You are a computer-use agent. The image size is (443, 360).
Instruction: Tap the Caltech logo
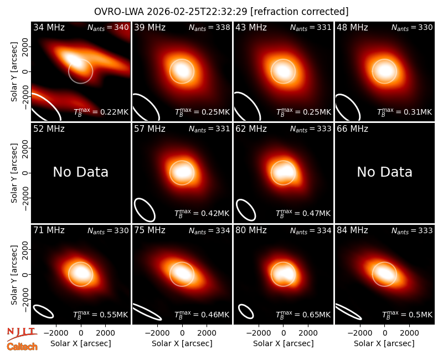point(22,347)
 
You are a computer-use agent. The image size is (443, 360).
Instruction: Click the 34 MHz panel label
point(49,27)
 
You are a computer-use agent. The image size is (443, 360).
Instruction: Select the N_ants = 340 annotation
point(108,27)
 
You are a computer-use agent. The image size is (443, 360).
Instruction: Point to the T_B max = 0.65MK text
point(303,315)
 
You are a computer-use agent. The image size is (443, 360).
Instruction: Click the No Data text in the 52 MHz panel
point(80,172)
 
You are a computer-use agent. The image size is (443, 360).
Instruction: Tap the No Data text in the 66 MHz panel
point(384,172)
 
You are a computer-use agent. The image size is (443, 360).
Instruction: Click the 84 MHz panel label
point(352,230)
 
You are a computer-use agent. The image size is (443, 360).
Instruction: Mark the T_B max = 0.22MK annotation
point(101,112)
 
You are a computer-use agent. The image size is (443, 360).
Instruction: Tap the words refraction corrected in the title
point(300,12)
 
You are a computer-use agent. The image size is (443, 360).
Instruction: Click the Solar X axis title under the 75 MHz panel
point(182,343)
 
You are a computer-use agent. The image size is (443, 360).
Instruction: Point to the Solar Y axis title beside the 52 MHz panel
point(14,173)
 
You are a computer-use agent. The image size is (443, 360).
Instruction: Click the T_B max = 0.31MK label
point(405,112)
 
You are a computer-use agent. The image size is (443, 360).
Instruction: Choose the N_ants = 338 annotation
point(209,27)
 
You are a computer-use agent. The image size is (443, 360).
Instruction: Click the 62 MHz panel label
point(251,129)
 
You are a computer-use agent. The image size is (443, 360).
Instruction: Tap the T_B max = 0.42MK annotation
point(202,213)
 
